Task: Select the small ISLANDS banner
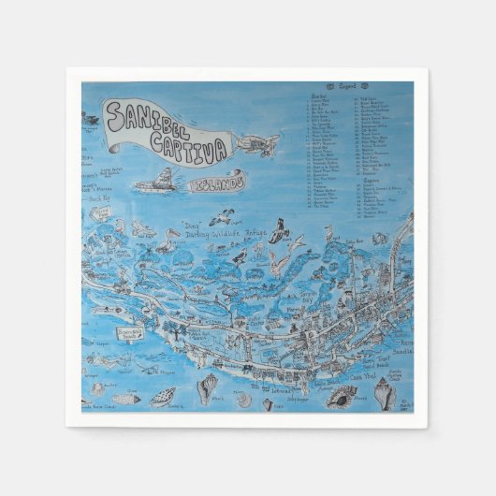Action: [216, 184]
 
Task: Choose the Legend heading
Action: [361, 85]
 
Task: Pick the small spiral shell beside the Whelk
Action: [244, 399]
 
